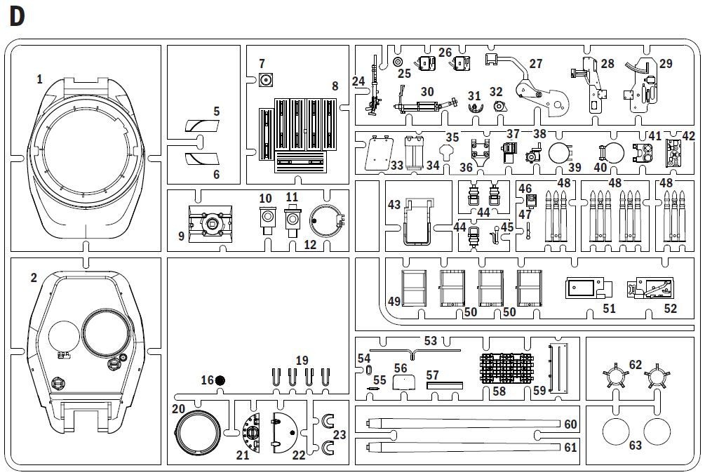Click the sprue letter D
point(17,17)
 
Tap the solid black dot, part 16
point(220,380)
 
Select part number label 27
point(535,63)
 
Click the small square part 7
point(266,81)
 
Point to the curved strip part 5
point(202,126)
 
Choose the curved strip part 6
point(202,159)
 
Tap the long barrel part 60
point(463,423)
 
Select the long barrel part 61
point(463,447)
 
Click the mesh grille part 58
point(507,368)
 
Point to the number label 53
point(430,340)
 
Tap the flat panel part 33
point(378,153)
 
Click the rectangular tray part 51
point(589,288)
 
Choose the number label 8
point(335,86)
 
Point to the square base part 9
point(210,223)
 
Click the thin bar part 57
point(445,385)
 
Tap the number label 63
point(636,446)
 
